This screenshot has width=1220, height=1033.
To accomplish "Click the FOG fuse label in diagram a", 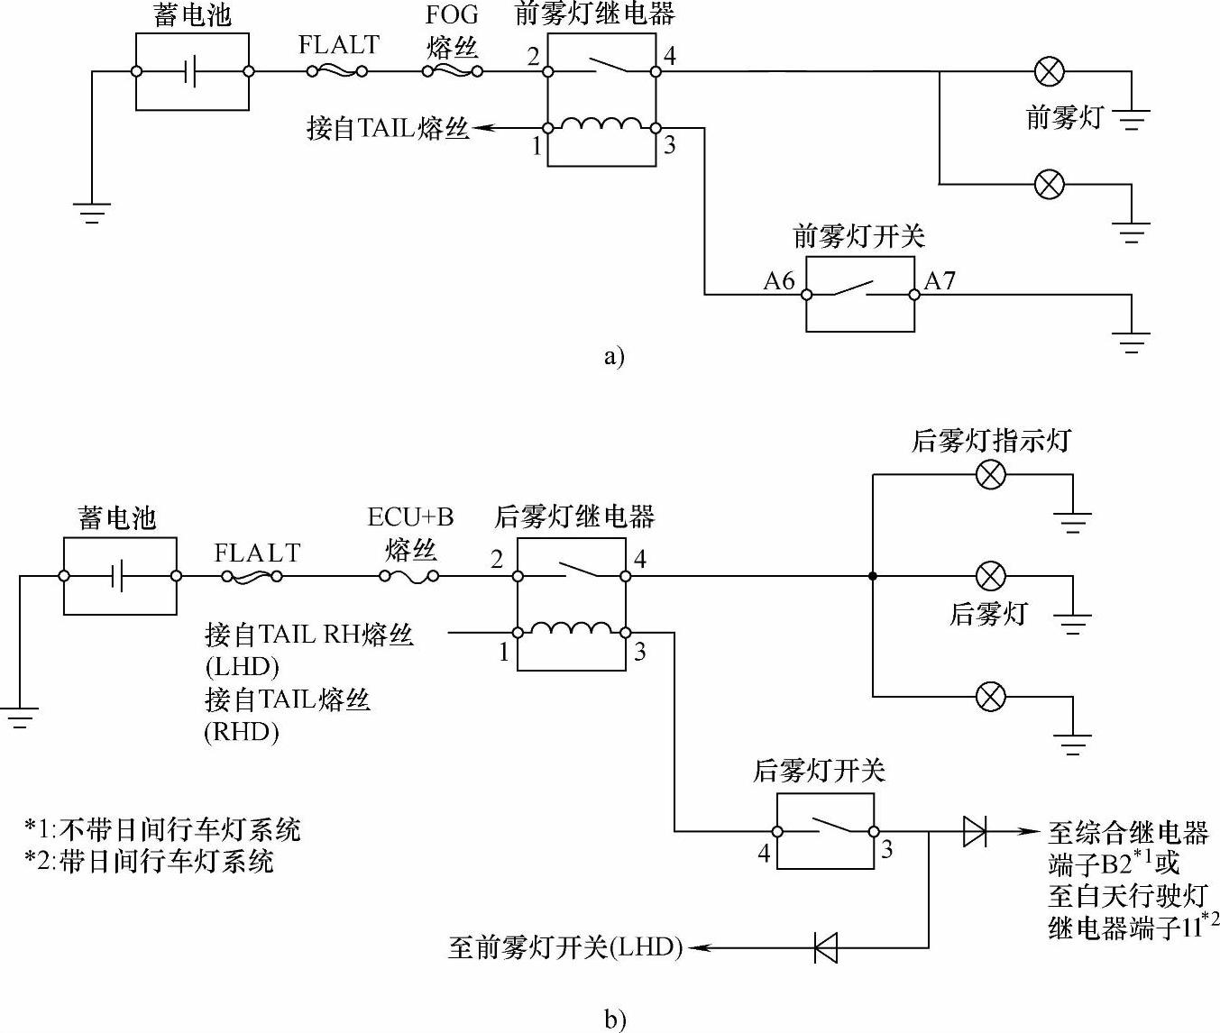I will (452, 15).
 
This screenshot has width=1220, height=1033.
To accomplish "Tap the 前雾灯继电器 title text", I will (594, 14).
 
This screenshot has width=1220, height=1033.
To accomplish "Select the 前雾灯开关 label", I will (858, 236).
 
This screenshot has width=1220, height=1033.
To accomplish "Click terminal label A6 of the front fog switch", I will (779, 281).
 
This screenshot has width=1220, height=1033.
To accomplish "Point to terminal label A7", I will (939, 281).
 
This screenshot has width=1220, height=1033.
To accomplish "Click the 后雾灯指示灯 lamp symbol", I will (991, 474).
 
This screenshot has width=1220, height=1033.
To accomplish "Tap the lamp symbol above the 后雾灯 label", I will (991, 575).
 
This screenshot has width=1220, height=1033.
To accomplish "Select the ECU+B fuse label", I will (410, 517).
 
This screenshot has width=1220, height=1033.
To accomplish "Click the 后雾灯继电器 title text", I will (573, 516).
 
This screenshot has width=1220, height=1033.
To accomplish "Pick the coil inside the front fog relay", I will (601, 125).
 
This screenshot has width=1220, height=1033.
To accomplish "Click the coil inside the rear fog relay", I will (571, 629).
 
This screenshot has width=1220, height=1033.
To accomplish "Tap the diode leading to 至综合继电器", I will (974, 831).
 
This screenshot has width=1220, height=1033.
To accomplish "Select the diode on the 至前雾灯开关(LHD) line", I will (826, 947).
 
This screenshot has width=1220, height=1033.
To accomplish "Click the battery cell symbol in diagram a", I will (191, 71).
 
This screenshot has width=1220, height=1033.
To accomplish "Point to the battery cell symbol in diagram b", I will (118, 576).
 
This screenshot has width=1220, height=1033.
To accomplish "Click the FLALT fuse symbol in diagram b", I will (252, 576).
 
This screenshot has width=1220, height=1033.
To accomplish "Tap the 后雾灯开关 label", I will (819, 771).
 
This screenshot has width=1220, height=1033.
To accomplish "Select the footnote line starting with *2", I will (149, 861).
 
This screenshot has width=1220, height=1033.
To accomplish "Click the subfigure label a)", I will (613, 357).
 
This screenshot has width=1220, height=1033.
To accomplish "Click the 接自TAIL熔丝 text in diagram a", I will (388, 128).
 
